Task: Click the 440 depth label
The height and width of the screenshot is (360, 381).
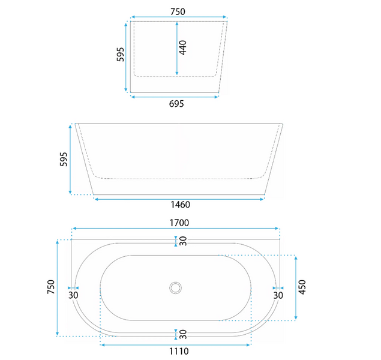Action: click(182, 48)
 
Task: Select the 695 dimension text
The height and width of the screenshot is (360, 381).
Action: click(176, 104)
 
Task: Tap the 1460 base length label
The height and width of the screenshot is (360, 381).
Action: click(180, 205)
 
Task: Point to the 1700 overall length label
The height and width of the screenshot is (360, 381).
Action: click(179, 223)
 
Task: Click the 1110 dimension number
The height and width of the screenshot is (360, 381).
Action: click(179, 351)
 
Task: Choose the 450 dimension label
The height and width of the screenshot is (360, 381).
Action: click(302, 287)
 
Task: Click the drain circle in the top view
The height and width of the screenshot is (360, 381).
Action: click(175, 288)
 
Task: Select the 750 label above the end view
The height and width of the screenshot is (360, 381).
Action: click(178, 11)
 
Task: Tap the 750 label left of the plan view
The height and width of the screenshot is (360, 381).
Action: click(51, 287)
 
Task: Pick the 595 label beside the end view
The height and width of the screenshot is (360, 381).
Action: click(120, 55)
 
